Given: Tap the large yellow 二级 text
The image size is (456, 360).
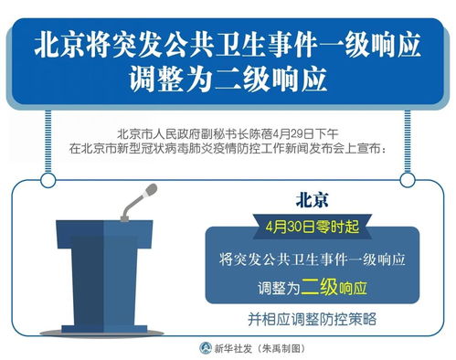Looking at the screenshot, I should click(320, 287).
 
